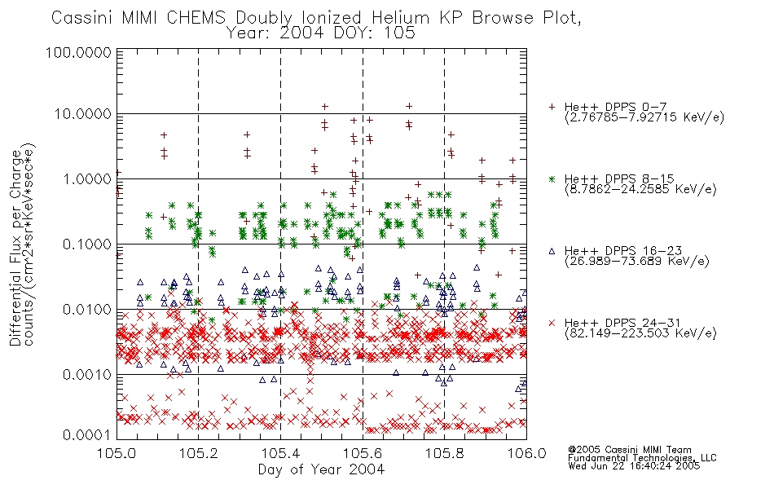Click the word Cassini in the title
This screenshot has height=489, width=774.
[x=83, y=18]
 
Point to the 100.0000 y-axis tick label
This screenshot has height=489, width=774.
[x=79, y=52]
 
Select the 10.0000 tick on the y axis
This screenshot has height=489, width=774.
[x=83, y=114]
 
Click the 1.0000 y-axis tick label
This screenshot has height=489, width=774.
[x=87, y=178]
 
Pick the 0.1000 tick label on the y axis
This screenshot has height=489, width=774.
[x=87, y=244]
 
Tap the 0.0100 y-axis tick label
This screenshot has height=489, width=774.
[x=87, y=310]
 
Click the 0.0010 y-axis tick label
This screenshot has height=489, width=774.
[x=87, y=375]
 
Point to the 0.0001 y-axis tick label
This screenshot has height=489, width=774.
[x=87, y=435]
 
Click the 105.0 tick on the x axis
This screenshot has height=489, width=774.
[x=117, y=453]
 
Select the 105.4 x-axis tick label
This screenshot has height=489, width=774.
[x=280, y=453]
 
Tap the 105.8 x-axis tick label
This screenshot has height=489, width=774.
[x=444, y=453]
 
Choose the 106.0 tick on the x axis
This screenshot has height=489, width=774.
[x=526, y=453]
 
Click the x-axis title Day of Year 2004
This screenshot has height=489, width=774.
[x=321, y=469]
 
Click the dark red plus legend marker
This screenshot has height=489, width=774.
[x=552, y=107]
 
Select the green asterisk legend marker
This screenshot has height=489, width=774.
[x=552, y=178]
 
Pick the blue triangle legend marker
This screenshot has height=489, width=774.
[x=552, y=251]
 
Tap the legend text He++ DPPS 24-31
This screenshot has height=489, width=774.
[x=622, y=323]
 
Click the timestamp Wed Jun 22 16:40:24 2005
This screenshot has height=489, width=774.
[x=634, y=466]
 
